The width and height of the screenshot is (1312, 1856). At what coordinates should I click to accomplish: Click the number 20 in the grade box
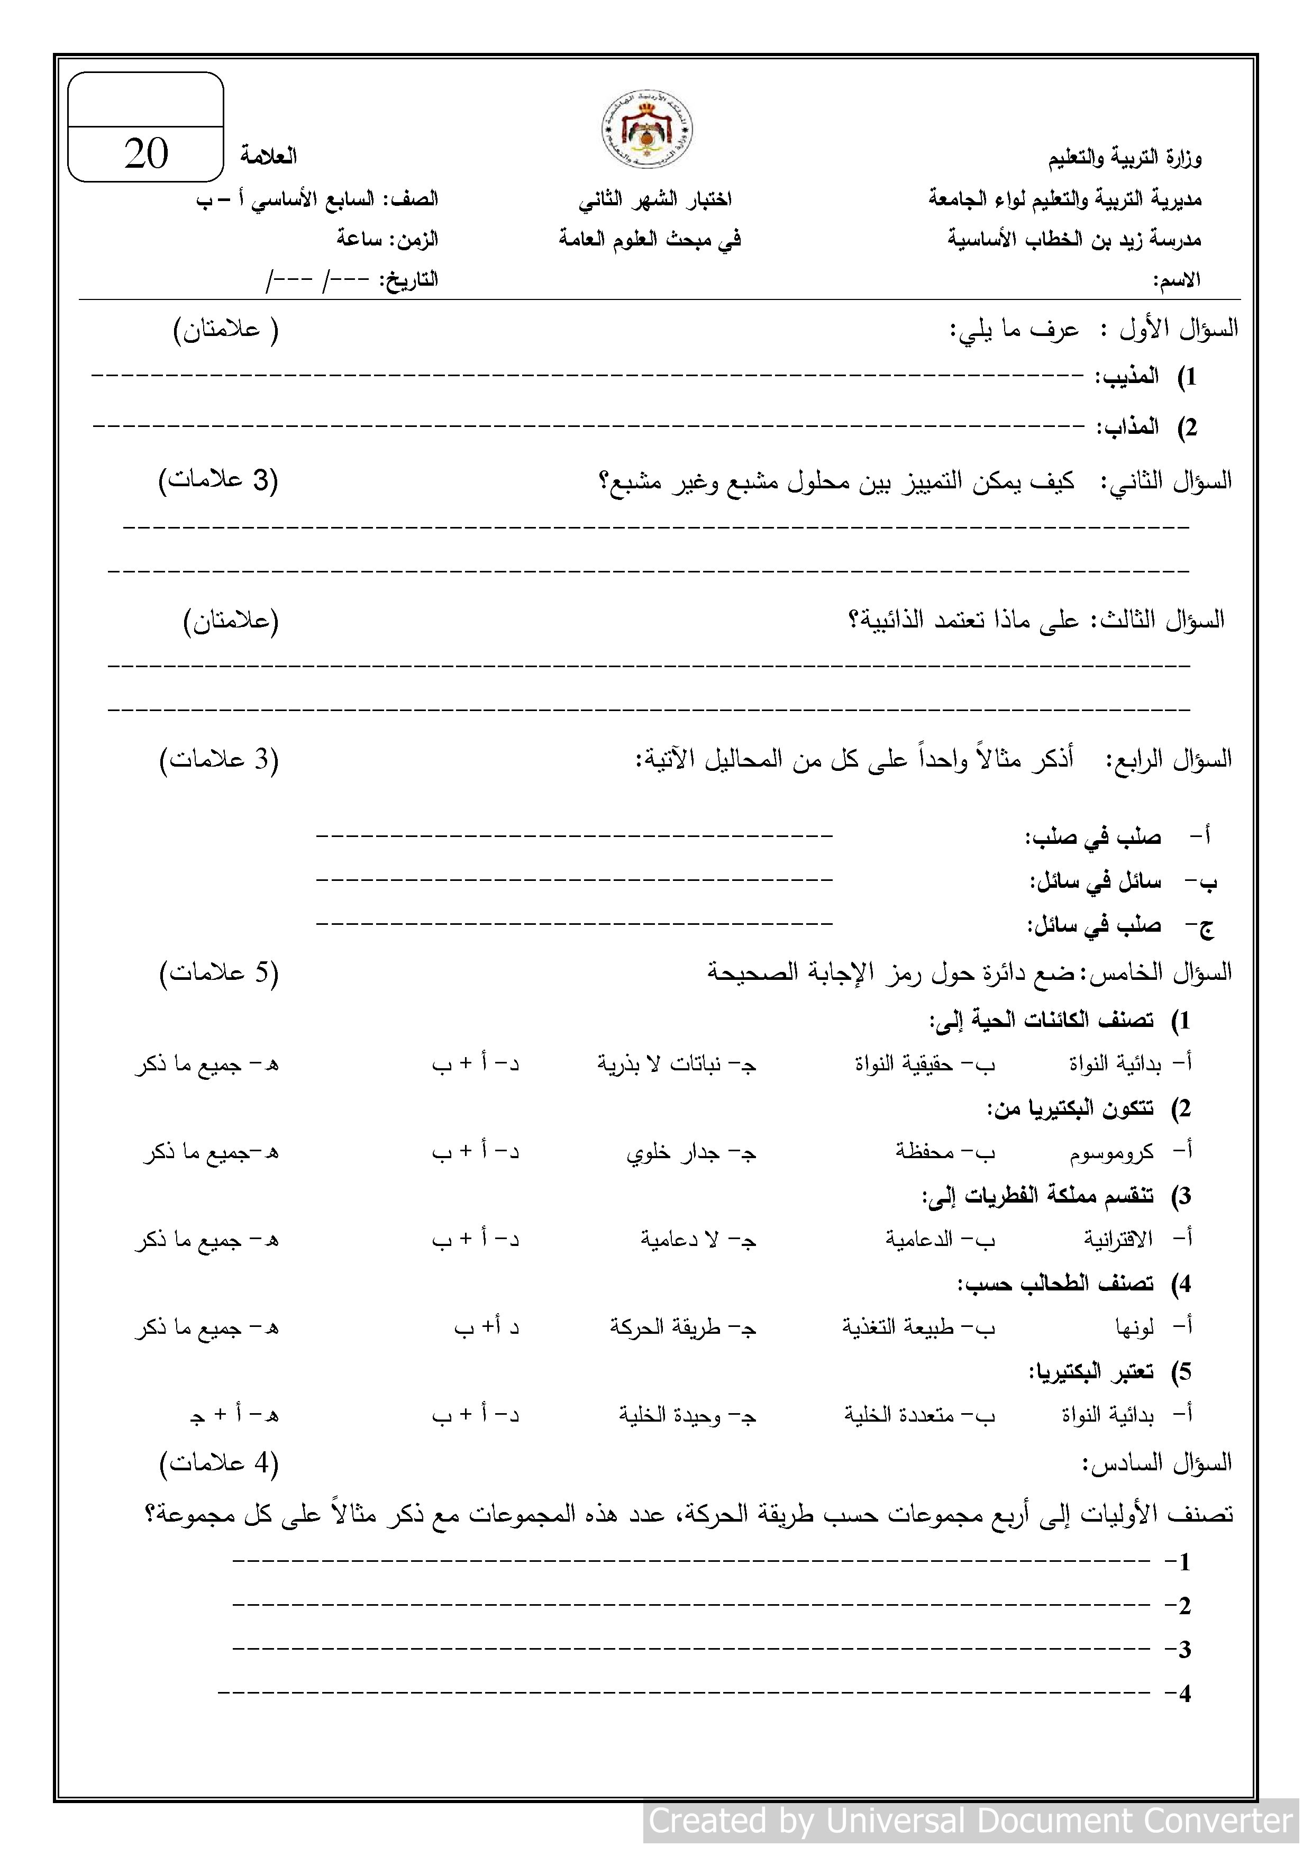pos(147,153)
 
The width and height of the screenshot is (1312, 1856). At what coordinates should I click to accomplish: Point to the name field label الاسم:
pos(1176,280)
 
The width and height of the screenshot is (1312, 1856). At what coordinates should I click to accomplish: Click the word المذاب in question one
pos(1128,427)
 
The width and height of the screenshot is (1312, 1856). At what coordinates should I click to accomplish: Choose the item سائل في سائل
pos(1095,881)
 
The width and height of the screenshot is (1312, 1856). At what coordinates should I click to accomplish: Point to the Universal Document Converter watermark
pos(971,1821)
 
